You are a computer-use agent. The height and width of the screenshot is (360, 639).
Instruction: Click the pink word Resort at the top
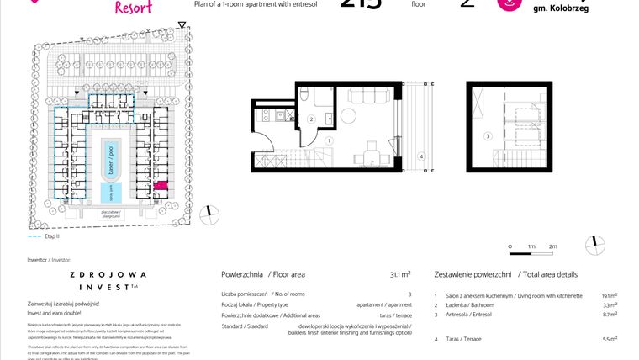coord(132,7)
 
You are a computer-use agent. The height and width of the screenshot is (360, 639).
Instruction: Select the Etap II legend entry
coord(39,238)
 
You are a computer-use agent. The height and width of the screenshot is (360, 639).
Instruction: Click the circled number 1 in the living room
coord(330,141)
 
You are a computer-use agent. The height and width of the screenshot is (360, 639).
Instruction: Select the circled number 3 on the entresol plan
coord(487,135)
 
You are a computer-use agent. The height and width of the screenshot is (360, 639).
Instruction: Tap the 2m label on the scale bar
coord(552,246)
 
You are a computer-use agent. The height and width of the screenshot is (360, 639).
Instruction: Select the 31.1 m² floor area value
coord(400,274)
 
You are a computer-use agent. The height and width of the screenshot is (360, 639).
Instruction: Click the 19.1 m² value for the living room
coord(610,296)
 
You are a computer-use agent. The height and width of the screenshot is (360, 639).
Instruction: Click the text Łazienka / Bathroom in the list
coord(472,306)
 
